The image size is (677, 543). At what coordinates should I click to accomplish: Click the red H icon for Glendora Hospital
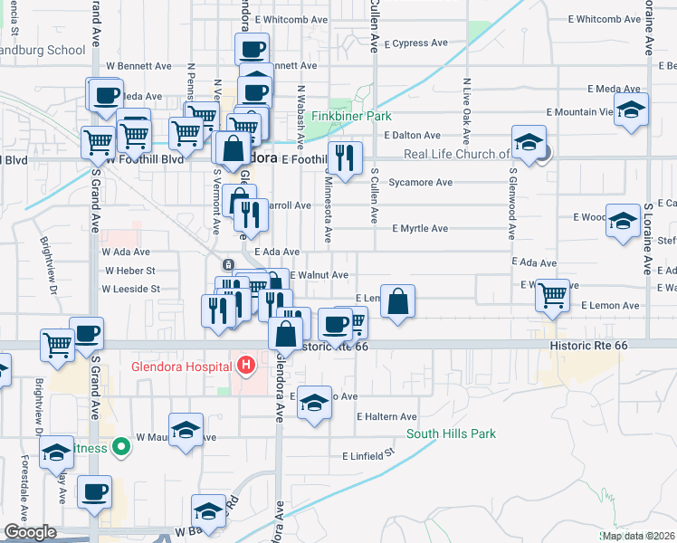(243, 366)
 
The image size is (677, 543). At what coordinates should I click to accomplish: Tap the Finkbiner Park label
(351, 117)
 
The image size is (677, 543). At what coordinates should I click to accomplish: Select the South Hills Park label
(451, 434)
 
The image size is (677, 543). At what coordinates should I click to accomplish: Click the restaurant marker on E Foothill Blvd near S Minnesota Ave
(344, 159)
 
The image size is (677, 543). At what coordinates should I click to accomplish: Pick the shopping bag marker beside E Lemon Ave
(397, 301)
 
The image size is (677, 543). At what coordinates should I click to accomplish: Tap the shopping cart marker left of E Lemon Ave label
(552, 294)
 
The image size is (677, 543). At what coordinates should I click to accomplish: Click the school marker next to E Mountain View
(631, 110)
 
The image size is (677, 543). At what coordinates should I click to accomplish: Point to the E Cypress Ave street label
(415, 43)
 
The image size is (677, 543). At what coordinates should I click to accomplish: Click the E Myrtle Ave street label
(420, 229)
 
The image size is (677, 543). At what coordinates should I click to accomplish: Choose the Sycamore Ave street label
(420, 182)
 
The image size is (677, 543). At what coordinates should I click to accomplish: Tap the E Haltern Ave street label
(386, 417)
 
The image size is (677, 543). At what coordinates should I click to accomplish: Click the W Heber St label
(130, 271)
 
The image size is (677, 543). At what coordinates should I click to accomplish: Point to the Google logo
(30, 532)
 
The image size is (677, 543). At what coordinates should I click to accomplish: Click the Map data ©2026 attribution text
(638, 536)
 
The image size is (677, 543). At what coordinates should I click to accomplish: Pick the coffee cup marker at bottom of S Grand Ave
(94, 493)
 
